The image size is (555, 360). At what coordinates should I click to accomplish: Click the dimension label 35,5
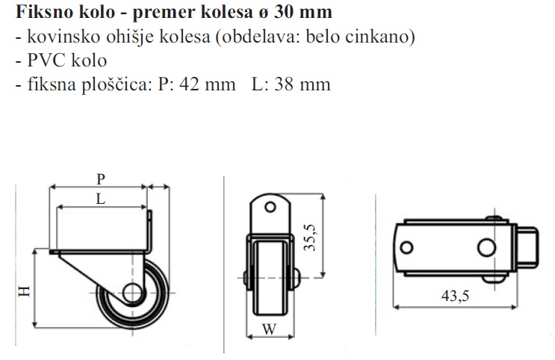tap(310, 238)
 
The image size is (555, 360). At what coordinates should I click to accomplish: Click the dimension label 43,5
tap(455, 296)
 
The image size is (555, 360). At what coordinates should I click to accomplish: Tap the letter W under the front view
tap(270, 329)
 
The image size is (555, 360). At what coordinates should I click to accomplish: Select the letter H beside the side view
tap(24, 291)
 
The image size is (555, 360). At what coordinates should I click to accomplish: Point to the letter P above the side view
tap(101, 179)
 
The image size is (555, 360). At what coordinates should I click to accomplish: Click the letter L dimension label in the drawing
tap(101, 199)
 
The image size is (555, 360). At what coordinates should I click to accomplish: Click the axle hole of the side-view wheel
tap(132, 293)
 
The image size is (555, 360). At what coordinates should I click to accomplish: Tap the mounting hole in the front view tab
tap(270, 207)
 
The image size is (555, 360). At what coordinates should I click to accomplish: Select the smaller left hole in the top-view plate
tap(406, 247)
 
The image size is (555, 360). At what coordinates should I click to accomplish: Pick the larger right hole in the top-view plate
tap(487, 247)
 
